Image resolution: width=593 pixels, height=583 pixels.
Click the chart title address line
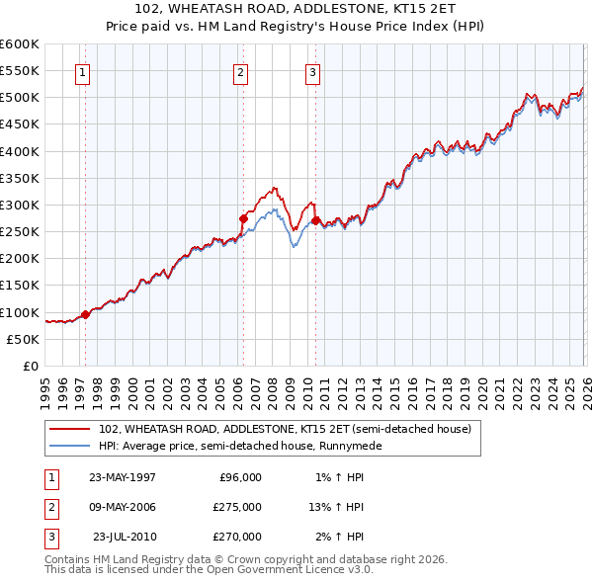pos(296,9)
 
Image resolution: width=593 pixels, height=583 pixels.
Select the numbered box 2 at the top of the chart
pos(241,71)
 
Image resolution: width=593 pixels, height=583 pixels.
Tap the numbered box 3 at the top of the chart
pos(312,71)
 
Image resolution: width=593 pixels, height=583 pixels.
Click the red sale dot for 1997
pos(85,314)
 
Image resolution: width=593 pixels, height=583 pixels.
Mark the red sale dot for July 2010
pos(315,221)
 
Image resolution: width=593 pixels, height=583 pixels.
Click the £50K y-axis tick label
pos(24,339)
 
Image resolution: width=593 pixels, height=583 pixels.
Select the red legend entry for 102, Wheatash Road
pos(286,429)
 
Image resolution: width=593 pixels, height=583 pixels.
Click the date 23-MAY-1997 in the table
pos(122,477)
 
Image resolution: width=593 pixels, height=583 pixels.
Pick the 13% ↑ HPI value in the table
pos(336,507)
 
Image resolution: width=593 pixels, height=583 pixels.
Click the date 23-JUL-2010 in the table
pos(125,537)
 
